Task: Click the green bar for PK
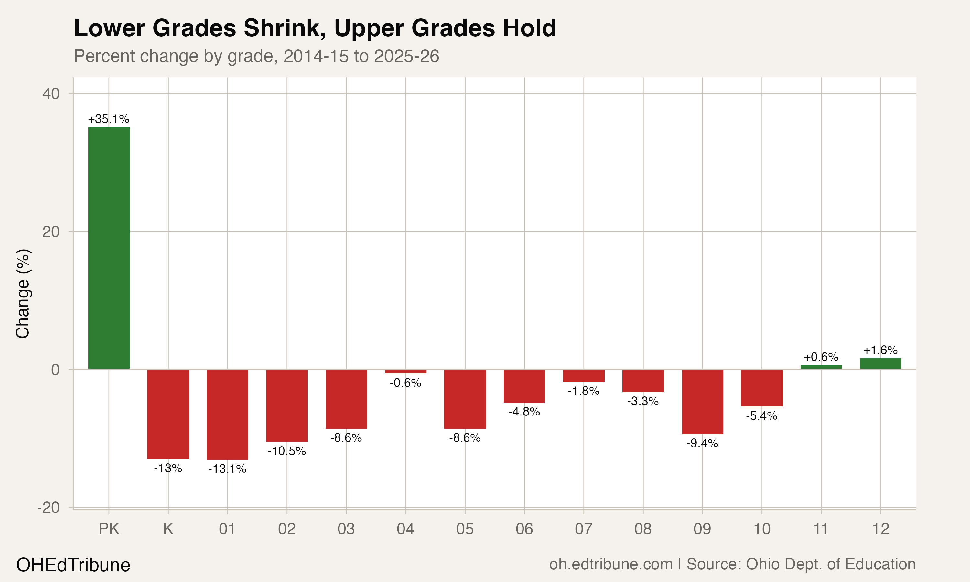point(109,248)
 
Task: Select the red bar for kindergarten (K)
point(168,414)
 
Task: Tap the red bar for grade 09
point(702,402)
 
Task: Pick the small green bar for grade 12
point(881,363)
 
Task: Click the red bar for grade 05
point(465,399)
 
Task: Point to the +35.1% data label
point(109,119)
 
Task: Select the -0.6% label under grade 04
point(405,383)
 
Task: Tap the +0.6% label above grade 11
point(821,357)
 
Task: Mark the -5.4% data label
point(761,416)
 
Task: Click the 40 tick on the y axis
point(51,94)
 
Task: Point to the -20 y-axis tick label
point(48,508)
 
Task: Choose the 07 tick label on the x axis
point(583,529)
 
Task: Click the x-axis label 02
point(286,529)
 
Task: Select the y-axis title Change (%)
point(23,293)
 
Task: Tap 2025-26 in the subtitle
point(406,56)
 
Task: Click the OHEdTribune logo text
point(73,565)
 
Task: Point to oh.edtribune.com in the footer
point(610,564)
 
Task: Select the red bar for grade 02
point(286,405)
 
